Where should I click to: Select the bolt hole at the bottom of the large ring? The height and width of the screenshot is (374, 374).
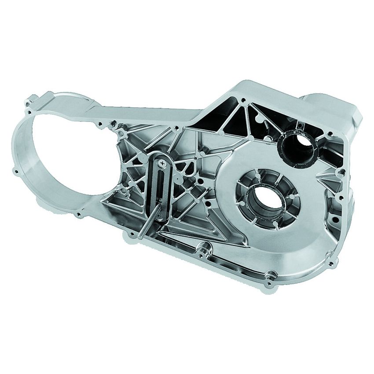point(78,215)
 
